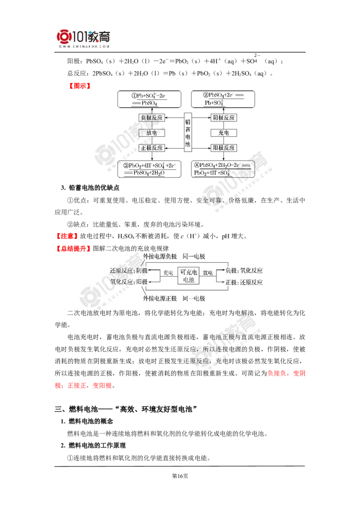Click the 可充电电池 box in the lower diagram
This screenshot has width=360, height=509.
pyautogui.click(x=189, y=276)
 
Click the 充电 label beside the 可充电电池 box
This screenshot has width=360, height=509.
pyautogui.click(x=167, y=272)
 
